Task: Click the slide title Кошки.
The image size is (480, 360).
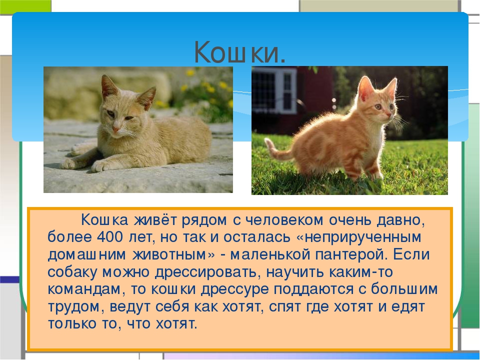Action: point(240,51)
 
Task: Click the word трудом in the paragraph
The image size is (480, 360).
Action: point(73,307)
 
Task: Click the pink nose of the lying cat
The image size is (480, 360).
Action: point(116,129)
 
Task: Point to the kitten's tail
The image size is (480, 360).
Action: point(277,150)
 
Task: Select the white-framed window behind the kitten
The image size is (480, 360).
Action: point(273,89)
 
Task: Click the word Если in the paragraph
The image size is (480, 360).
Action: point(411,254)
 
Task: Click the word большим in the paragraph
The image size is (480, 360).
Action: point(404,289)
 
